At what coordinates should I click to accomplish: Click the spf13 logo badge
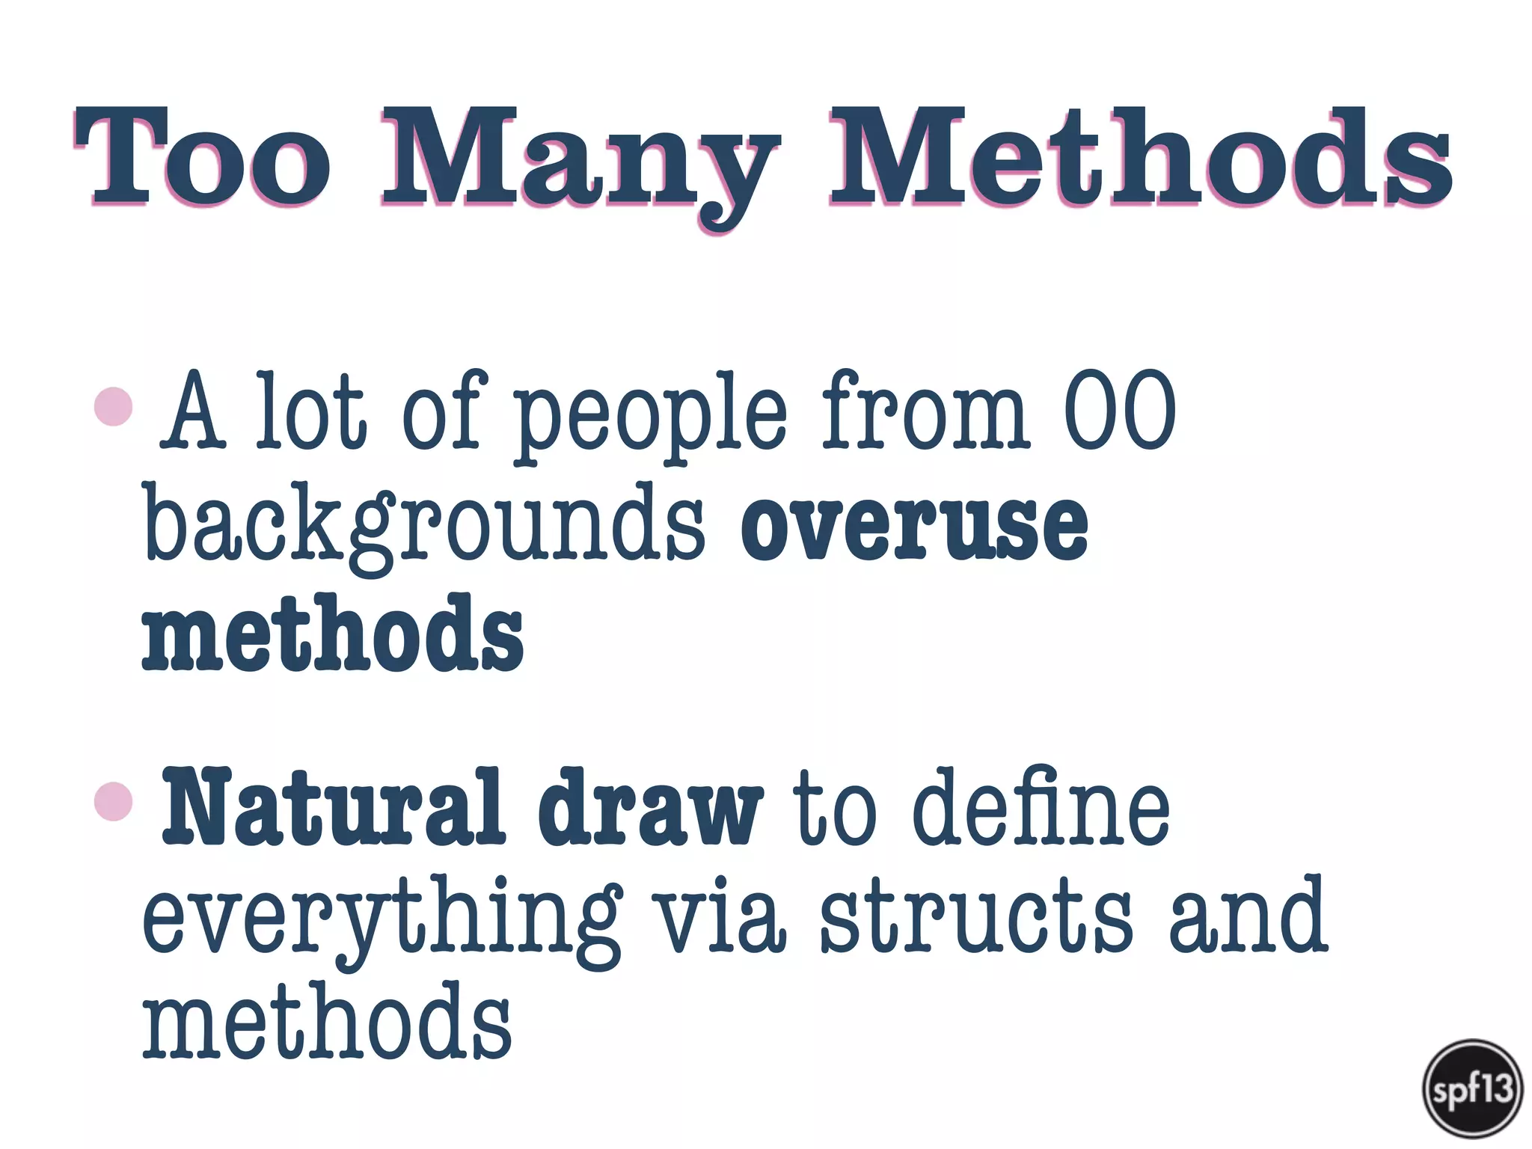coord(1472,1088)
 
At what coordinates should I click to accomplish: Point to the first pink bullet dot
coord(114,406)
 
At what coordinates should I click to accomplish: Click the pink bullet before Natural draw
coord(114,801)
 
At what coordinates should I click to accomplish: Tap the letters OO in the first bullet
coord(1120,410)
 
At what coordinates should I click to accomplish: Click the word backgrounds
coord(423,524)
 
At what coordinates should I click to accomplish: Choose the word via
coord(719,917)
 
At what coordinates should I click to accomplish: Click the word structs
coord(976,917)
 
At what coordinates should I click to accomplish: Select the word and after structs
coord(1248,917)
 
